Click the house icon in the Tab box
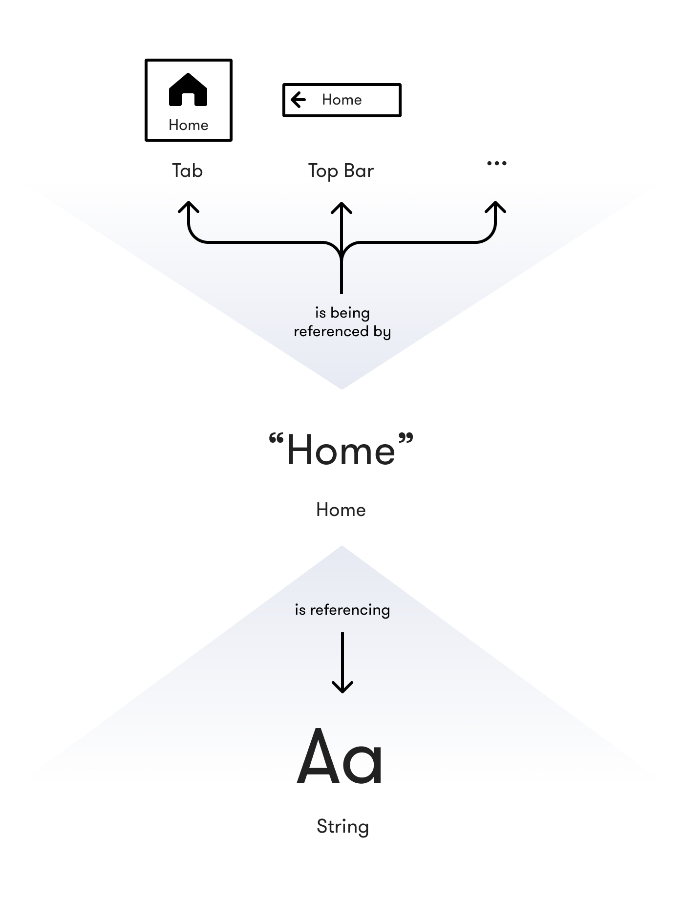(188, 90)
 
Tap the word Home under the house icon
(189, 125)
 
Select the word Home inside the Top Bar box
(342, 100)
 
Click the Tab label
(187, 171)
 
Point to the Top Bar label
(341, 171)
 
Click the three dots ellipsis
(497, 163)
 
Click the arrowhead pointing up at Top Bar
(342, 207)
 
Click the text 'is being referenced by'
(342, 322)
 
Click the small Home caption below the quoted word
(341, 510)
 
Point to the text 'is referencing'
(342, 610)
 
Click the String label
(342, 826)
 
